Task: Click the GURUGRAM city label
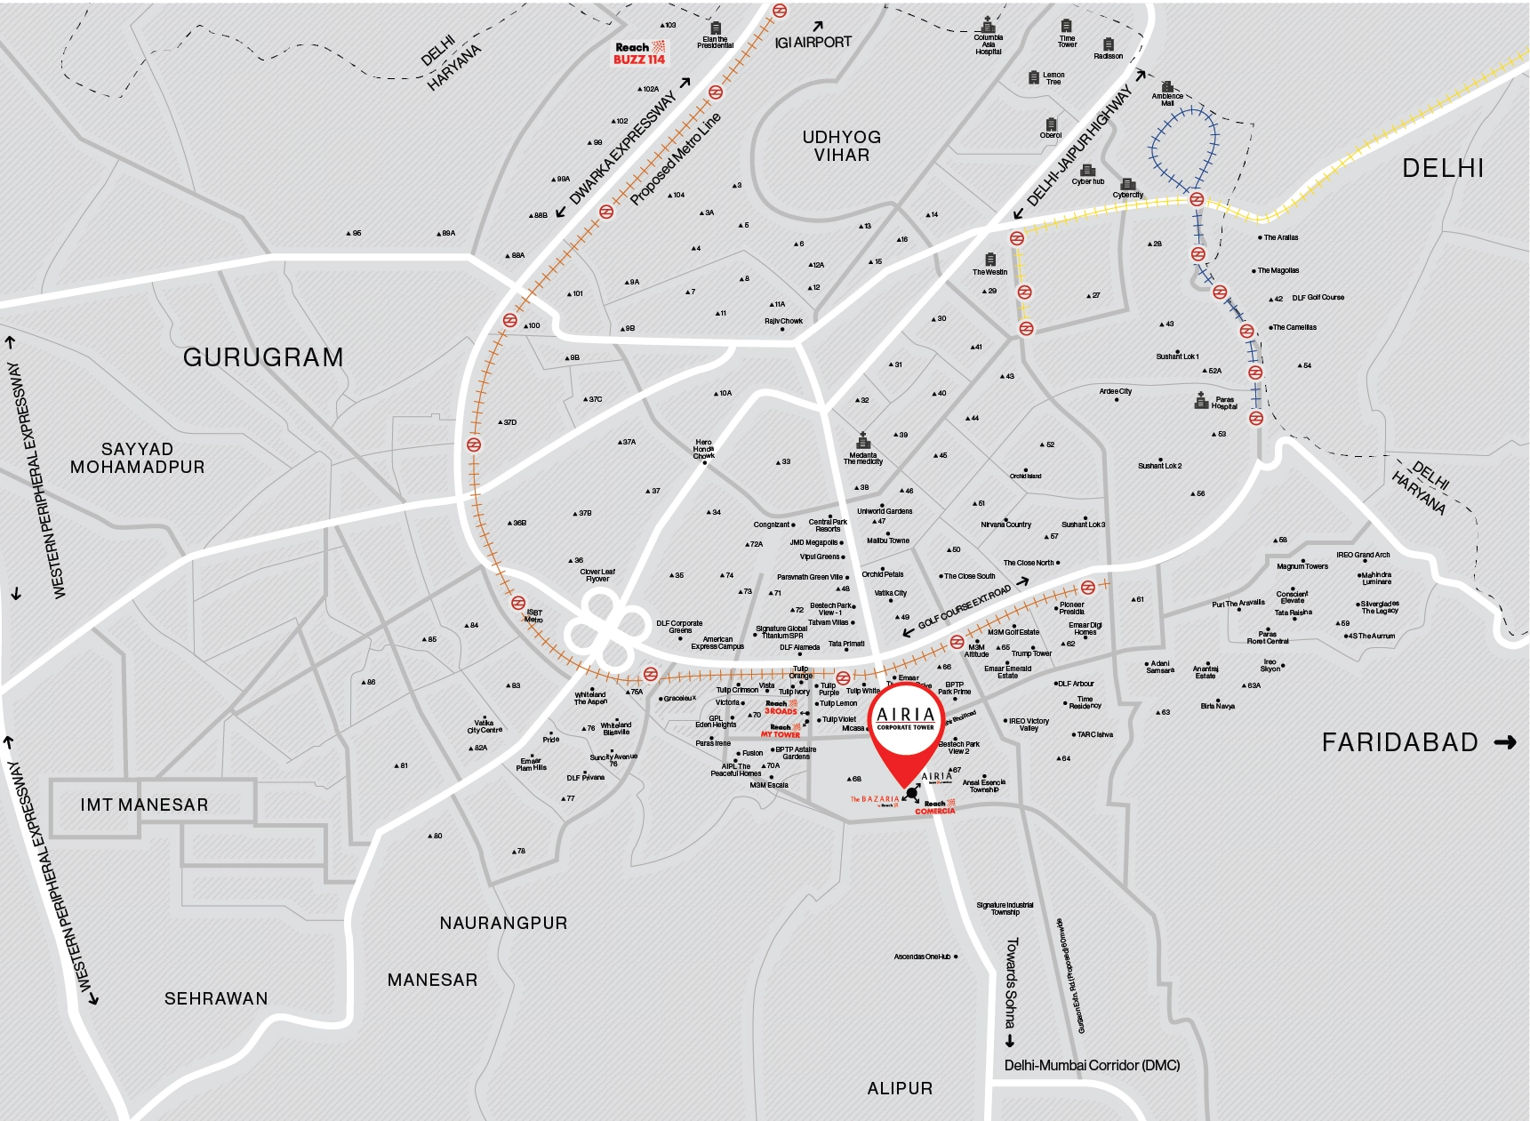pos(263,357)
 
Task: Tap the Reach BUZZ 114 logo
pos(639,53)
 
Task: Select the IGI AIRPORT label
pos(813,42)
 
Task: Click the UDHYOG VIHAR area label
pos(841,146)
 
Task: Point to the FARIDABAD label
pos(1399,742)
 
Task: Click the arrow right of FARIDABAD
pos(1505,742)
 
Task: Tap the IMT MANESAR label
pos(144,805)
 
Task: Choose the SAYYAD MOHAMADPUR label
pos(137,458)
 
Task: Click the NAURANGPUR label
pos(503,923)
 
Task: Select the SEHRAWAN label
pos(216,998)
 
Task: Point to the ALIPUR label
pos(900,1088)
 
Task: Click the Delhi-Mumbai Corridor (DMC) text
pos(1092,1065)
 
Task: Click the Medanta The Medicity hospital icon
pos(862,441)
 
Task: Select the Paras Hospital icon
pos(1201,401)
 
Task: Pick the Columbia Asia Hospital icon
pos(988,24)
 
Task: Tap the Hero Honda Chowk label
pos(703,449)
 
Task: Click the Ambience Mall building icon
pos(1167,87)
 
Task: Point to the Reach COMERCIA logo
pos(934,807)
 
